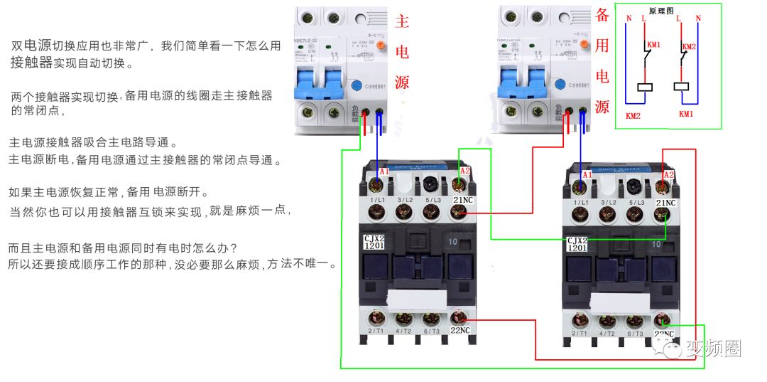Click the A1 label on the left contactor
(x=384, y=172)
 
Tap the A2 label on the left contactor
(x=465, y=171)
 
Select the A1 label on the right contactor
(x=587, y=175)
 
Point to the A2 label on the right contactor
(x=668, y=175)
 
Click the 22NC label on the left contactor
(x=460, y=330)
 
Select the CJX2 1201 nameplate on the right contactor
(x=577, y=245)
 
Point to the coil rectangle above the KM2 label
(x=646, y=88)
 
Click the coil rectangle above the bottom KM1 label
(x=682, y=87)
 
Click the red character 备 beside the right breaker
(x=602, y=16)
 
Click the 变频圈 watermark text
(x=713, y=349)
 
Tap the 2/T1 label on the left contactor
(x=376, y=331)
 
